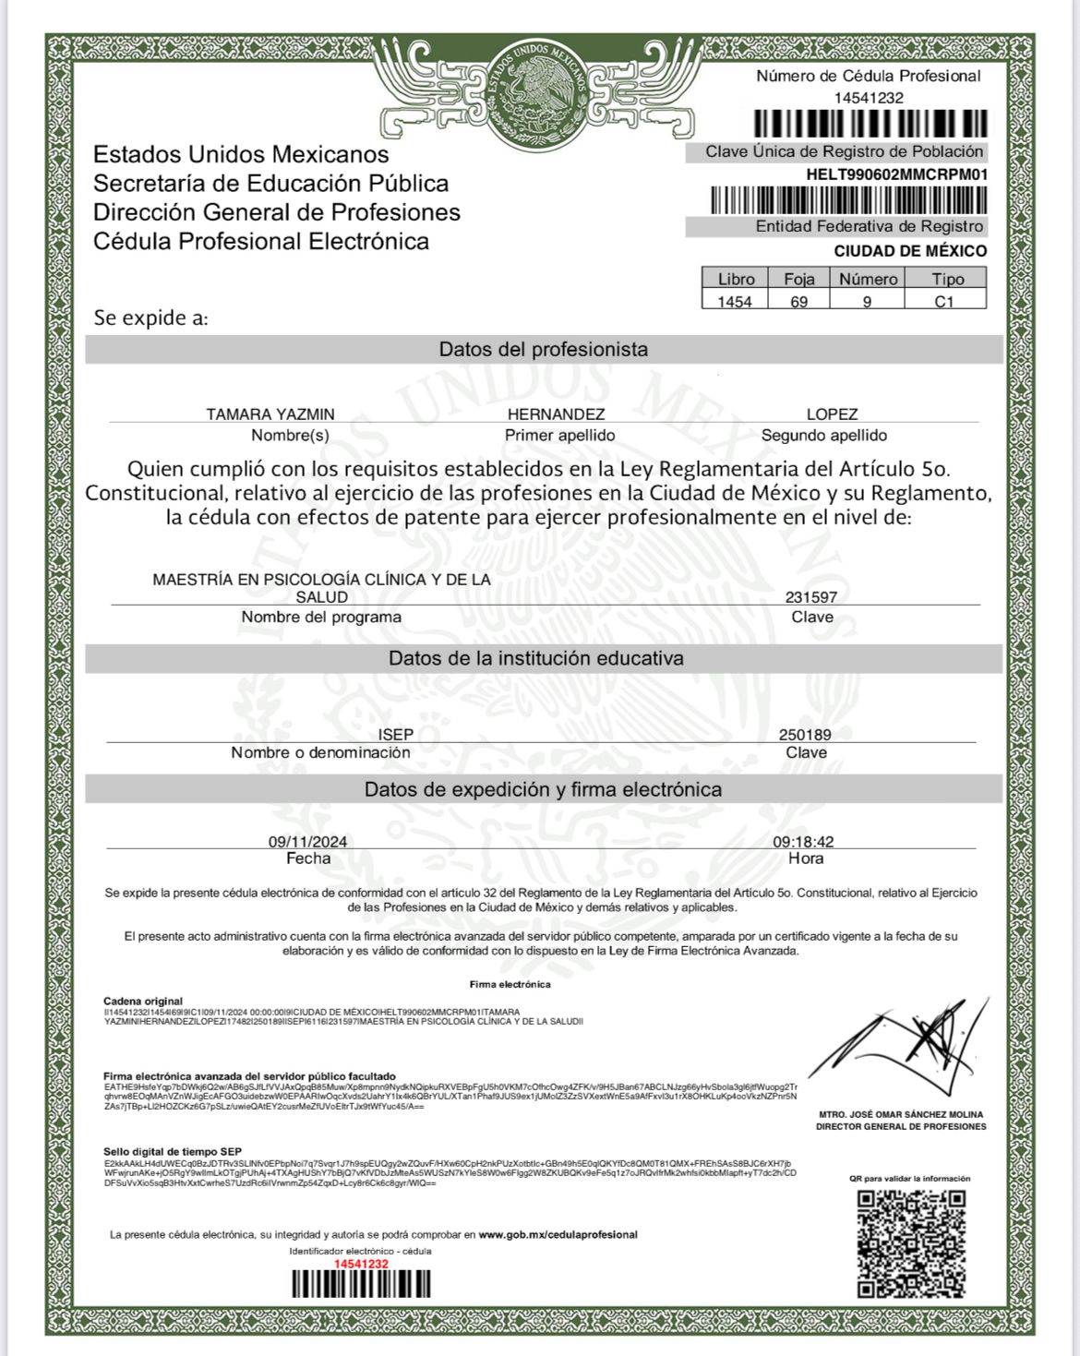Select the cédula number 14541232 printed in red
click(x=361, y=1264)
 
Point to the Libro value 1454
click(x=735, y=302)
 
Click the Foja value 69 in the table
click(x=798, y=302)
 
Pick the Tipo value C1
click(x=943, y=302)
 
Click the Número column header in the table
click(x=868, y=279)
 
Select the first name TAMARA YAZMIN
click(x=270, y=414)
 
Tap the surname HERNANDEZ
click(x=557, y=414)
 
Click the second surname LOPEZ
click(x=832, y=414)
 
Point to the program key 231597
click(x=811, y=597)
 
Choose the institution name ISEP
click(x=396, y=735)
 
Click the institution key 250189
click(x=805, y=735)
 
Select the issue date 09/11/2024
click(x=308, y=842)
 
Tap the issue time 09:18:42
click(x=803, y=842)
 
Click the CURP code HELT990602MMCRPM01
click(x=896, y=174)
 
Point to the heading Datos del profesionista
click(x=543, y=350)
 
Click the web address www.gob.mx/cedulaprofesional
click(x=558, y=1234)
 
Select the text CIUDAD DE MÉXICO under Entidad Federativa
click(x=910, y=251)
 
